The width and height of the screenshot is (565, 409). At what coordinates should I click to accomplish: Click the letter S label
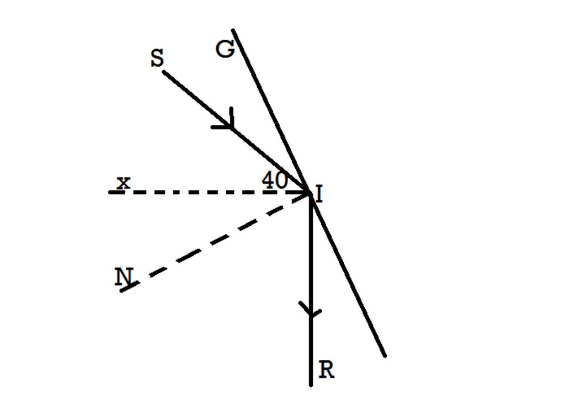coord(157,59)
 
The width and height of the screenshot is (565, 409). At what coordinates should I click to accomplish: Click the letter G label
coord(225,50)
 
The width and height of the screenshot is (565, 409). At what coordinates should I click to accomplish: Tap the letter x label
coord(124,182)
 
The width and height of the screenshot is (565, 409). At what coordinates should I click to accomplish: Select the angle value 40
coord(274,180)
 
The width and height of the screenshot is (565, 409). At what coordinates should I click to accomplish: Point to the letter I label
coord(319,195)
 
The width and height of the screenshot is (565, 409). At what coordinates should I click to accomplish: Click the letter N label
coord(123,277)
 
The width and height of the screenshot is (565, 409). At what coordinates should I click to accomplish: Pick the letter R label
coord(327,370)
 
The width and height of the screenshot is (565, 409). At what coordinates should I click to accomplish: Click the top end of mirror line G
coord(233,30)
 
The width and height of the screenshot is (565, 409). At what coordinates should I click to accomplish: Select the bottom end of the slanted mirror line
coord(385,356)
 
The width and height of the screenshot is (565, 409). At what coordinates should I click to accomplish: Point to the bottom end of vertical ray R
coord(311,384)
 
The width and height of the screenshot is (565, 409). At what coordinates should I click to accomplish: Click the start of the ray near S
coord(163,72)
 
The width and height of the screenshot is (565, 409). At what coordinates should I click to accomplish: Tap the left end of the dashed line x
coord(110,193)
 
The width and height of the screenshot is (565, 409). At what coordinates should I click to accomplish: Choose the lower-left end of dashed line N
coord(122,290)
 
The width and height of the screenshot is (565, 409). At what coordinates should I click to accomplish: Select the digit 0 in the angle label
coord(281,180)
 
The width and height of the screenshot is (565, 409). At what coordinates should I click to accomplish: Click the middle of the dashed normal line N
coord(216,241)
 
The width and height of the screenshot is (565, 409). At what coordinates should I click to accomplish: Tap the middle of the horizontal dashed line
coord(210,193)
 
